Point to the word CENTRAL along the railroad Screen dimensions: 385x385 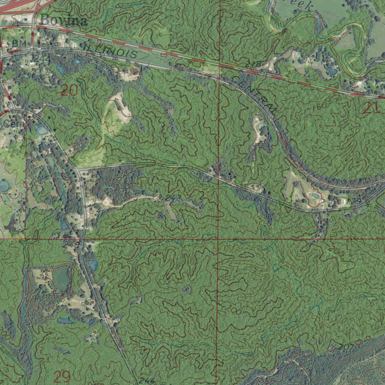pos(253,94)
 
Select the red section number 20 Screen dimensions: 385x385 pos(69,90)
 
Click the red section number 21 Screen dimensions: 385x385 pos(371,108)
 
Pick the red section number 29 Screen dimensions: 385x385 pos(62,376)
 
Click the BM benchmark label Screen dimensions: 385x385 pos(19,44)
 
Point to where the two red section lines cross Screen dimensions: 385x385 pos(218,239)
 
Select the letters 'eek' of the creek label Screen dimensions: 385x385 pos(303,6)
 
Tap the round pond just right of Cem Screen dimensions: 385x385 pos(41,130)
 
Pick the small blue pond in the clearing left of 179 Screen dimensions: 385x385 pos(314,196)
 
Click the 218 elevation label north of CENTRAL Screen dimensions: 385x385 pos(253,64)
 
